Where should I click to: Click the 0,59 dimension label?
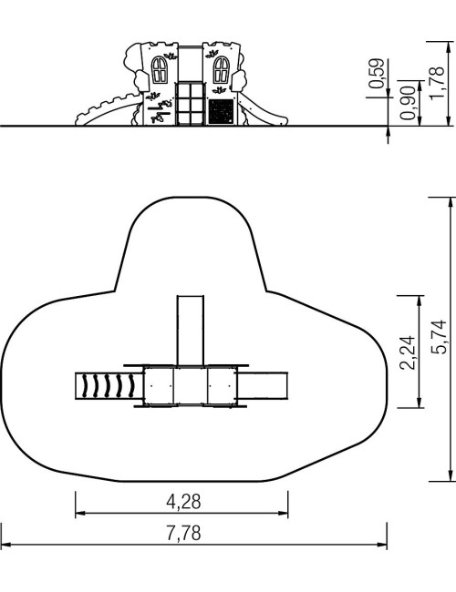(377, 73)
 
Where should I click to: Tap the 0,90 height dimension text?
(408, 103)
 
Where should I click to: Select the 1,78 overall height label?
(437, 83)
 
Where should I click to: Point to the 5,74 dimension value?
(439, 337)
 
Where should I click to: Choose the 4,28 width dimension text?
(183, 502)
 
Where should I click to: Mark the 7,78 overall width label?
(183, 534)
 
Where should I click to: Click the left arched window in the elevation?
(160, 70)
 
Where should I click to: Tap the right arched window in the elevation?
(222, 70)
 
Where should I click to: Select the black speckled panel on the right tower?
(222, 111)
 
